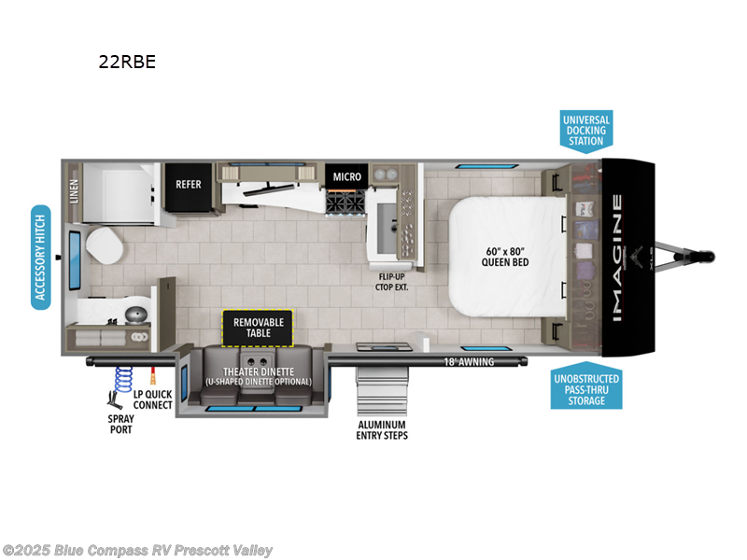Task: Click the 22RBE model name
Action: click(128, 63)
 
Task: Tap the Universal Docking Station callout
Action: click(585, 131)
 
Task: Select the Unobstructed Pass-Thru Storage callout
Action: click(585, 388)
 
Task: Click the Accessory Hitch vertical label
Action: click(40, 257)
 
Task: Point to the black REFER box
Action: click(189, 184)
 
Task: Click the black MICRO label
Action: click(346, 176)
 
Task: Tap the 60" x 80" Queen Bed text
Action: click(504, 256)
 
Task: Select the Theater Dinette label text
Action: click(258, 376)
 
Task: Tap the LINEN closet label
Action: click(74, 191)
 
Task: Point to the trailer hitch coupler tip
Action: click(711, 254)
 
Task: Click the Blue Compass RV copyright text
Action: click(138, 551)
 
